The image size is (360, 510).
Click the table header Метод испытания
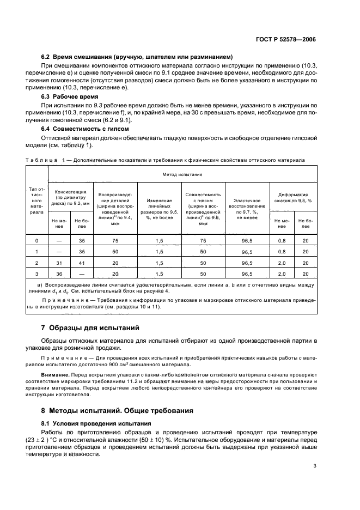[x=182, y=175]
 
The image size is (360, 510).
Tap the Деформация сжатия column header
[x=293, y=197]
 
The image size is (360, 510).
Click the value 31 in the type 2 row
[x=59, y=263]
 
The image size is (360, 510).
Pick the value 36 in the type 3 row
[x=59, y=274]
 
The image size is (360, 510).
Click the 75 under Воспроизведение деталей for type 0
[x=115, y=240]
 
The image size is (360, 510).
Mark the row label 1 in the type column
[x=37, y=252]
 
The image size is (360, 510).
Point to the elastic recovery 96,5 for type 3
[x=247, y=274]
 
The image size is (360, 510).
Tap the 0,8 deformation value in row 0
[x=282, y=240]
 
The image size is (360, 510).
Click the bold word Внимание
[x=55, y=375]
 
